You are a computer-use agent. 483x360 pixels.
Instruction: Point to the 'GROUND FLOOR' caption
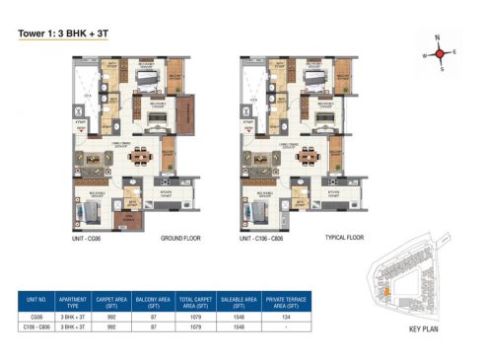point(180,239)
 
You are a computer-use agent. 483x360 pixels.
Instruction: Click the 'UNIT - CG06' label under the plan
point(91,239)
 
